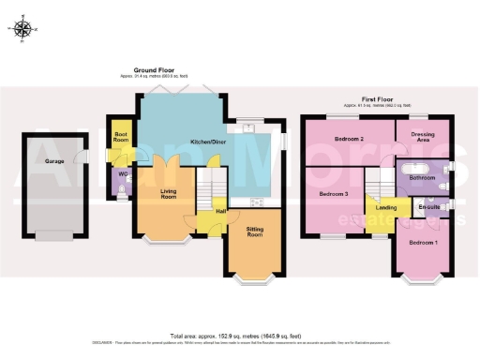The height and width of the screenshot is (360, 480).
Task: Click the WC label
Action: coord(120,173)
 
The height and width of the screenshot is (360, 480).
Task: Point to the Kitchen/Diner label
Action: coord(208,142)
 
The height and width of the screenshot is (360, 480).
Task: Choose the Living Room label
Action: coord(169,194)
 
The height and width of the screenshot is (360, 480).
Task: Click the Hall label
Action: coord(221,211)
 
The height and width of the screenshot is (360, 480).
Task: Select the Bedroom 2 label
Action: coord(349,140)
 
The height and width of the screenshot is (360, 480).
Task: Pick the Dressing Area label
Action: coord(422,138)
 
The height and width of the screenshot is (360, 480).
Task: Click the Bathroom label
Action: coord(422,176)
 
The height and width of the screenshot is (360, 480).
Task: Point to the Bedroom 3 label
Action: coord(334,194)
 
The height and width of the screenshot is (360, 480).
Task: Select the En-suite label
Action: coord(430,207)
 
